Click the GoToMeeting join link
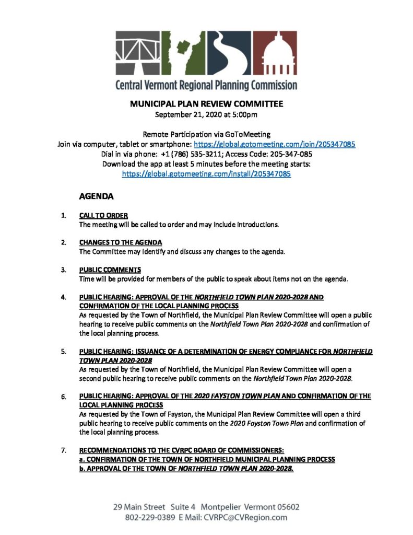click(x=275, y=144)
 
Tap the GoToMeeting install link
click(x=206, y=173)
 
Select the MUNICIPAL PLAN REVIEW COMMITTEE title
click(x=206, y=104)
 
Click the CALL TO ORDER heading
click(x=103, y=215)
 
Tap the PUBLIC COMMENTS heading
click(x=110, y=270)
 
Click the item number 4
click(x=63, y=297)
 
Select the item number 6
click(x=63, y=397)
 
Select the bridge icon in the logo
click(x=136, y=53)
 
